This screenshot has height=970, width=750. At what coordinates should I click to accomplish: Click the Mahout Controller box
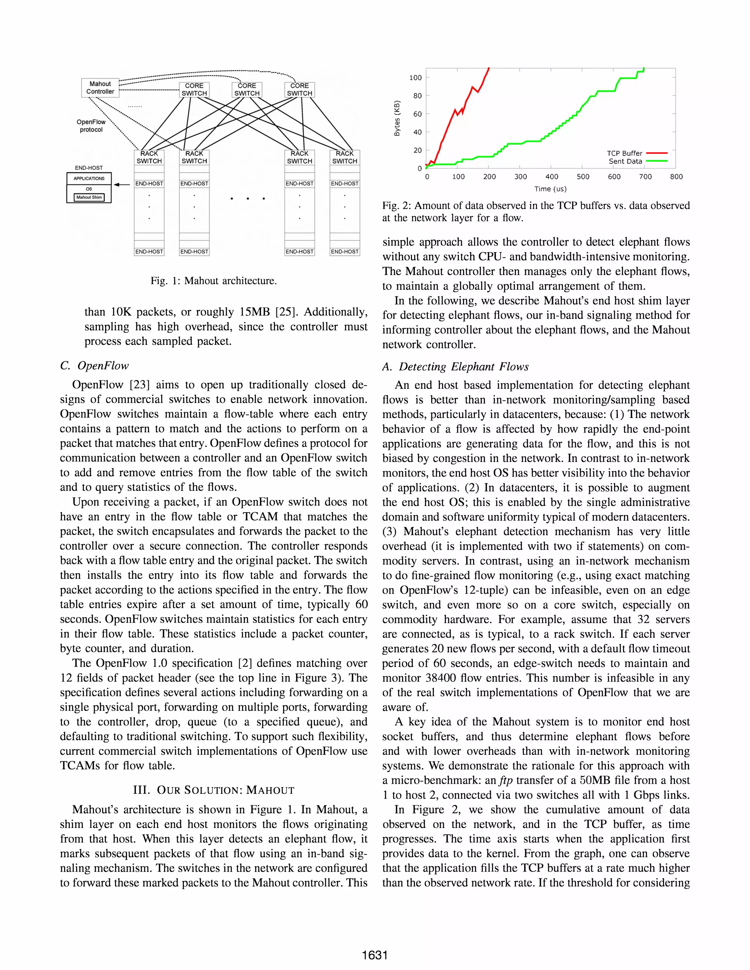[100, 87]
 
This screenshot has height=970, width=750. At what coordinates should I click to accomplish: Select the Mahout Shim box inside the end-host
[89, 197]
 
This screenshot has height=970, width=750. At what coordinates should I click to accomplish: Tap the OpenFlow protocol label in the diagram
[91, 126]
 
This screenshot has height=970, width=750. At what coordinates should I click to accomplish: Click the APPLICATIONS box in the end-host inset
[89, 179]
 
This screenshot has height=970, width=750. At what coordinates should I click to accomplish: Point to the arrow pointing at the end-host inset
[121, 184]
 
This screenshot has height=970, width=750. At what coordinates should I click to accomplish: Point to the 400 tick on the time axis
[552, 177]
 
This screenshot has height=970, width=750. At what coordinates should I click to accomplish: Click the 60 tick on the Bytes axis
[417, 114]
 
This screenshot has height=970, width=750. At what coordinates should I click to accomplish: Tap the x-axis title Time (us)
[550, 189]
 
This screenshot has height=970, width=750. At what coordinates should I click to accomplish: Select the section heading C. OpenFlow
[94, 366]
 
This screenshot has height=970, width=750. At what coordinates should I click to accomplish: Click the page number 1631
[375, 955]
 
